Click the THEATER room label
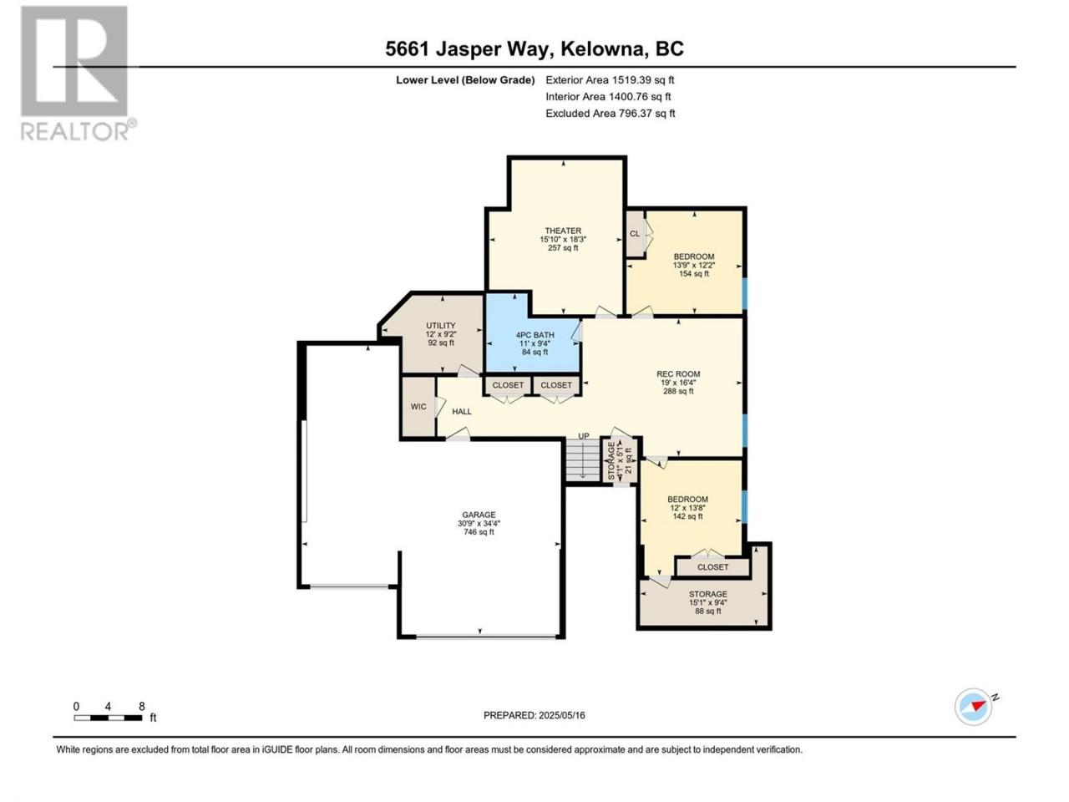(x=563, y=231)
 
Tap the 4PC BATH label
(x=534, y=335)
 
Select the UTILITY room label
(x=441, y=326)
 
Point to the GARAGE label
(x=479, y=515)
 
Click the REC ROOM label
(x=678, y=374)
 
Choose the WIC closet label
(x=418, y=407)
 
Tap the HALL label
(x=462, y=412)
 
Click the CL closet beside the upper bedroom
(x=635, y=234)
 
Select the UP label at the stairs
(x=584, y=436)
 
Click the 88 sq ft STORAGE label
(x=707, y=594)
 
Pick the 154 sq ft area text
(x=694, y=274)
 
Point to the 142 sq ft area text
(x=687, y=516)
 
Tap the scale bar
(x=108, y=718)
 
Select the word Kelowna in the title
(x=604, y=48)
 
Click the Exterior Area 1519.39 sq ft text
(x=610, y=80)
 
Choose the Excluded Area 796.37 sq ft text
(x=610, y=114)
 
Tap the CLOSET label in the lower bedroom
(x=712, y=567)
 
